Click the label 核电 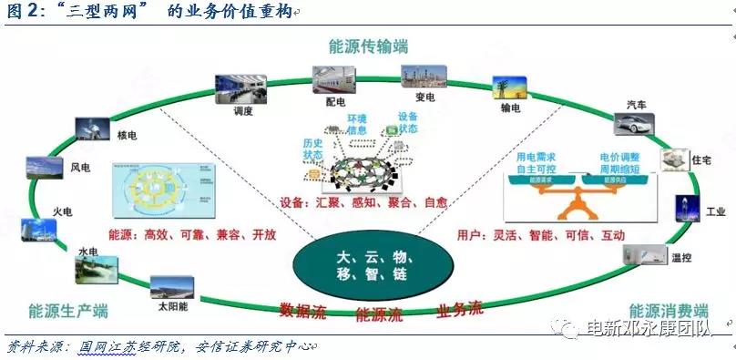coord(127,136)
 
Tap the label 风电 coord(80,168)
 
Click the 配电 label coord(332,103)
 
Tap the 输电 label coord(510,108)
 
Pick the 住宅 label coord(700,160)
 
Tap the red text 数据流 coord(302,310)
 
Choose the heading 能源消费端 coord(669,310)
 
